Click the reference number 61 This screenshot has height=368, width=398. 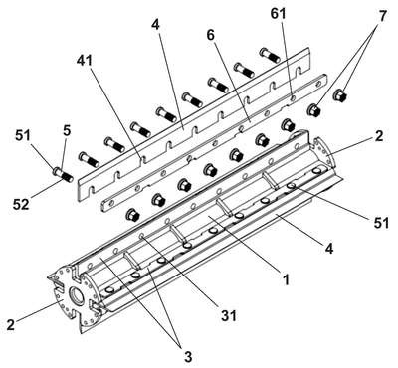coord(278,15)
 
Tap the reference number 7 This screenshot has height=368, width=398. coord(382,16)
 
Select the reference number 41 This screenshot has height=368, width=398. coord(85,61)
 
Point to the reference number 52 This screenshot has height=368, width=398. coord(21,204)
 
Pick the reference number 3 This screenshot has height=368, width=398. coord(188,357)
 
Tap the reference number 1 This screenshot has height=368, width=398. coord(286,280)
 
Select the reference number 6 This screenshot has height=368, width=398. coord(211,35)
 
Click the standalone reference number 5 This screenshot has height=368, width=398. coord(67,131)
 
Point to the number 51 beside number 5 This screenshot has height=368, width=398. coord(22,136)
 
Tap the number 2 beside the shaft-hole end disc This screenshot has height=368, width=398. coord(11,324)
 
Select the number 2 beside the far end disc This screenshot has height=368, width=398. coord(380,136)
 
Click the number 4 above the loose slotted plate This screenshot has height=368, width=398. coord(156,25)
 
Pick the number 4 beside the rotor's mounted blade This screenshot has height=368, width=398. coord(328,248)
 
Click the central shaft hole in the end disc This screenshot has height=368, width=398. coord(76,295)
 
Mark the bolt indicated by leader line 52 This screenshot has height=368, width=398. coord(63,174)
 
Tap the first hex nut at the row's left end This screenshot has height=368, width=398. coord(133,215)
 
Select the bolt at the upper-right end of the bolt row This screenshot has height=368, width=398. coord(269,55)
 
